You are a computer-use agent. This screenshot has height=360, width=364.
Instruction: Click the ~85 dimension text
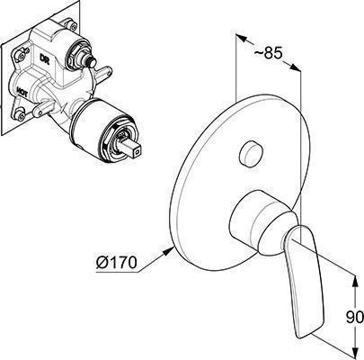pyautogui.click(x=269, y=53)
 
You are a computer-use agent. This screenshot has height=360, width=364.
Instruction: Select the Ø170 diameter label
pyautogui.click(x=116, y=263)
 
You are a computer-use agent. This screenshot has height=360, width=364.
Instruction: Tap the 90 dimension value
pyautogui.click(x=355, y=318)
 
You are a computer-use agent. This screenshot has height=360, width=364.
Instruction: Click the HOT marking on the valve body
pyautogui.click(x=22, y=92)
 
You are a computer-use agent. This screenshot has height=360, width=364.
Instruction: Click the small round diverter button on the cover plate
pyautogui.click(x=251, y=154)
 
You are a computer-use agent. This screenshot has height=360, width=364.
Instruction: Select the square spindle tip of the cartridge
pyautogui.click(x=133, y=149)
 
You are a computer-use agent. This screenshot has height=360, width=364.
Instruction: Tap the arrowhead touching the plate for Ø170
pyautogui.click(x=169, y=250)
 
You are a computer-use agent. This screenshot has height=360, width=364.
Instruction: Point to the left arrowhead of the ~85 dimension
pyautogui.click(x=242, y=38)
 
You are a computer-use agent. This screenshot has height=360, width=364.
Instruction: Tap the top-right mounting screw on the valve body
pyautogui.click(x=69, y=24)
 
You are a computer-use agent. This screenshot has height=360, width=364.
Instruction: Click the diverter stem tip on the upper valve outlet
pyautogui.click(x=91, y=62)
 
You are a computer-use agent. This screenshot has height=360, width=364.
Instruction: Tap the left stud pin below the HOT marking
pyautogui.click(x=43, y=109)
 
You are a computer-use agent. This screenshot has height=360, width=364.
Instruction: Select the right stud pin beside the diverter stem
pyautogui.click(x=102, y=73)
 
